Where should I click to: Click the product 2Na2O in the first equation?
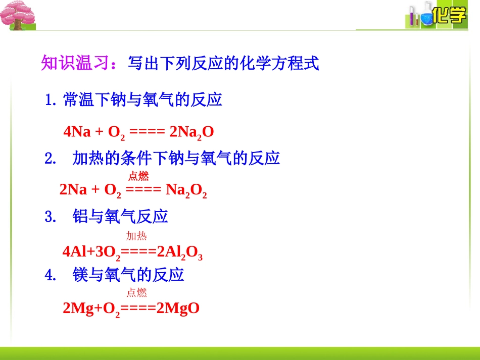(x=192, y=132)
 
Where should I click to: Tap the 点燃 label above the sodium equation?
(x=138, y=176)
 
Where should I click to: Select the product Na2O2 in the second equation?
(x=186, y=190)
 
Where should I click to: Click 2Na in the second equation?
(x=73, y=190)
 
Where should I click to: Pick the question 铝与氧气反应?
(x=120, y=217)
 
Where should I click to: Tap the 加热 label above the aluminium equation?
(x=136, y=236)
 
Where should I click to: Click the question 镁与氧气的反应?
(x=128, y=275)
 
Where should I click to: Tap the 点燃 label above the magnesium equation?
(x=136, y=292)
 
